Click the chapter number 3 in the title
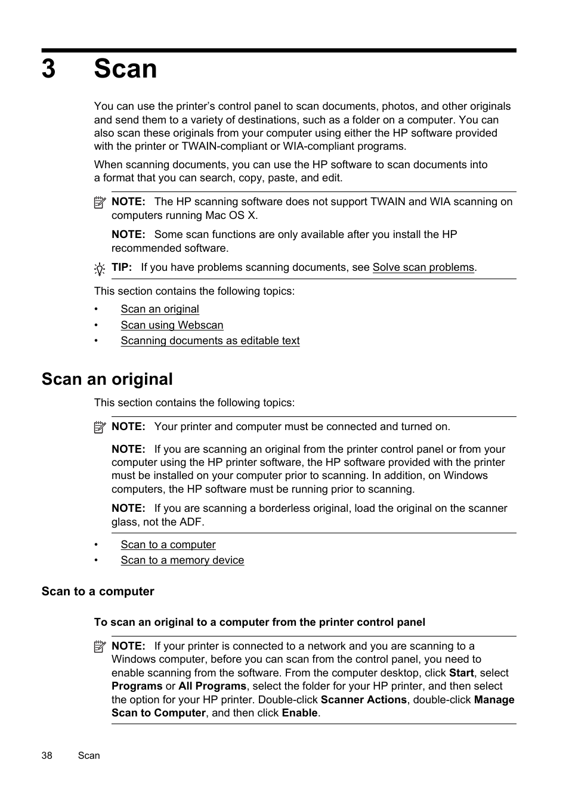[x=49, y=69]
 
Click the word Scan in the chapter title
[x=125, y=69]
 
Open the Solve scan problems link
[x=423, y=267]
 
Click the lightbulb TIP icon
[x=100, y=269]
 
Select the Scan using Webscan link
[x=172, y=325]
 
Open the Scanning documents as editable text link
[x=210, y=341]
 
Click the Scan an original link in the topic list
[x=160, y=309]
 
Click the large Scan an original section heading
[x=107, y=379]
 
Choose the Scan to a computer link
[x=168, y=545]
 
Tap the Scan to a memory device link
[x=182, y=560]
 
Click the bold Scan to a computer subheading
[x=98, y=592]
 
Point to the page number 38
[x=47, y=755]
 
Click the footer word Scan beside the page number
[x=89, y=755]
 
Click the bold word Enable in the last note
[x=299, y=713]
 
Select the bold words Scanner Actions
[x=363, y=700]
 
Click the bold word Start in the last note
[x=461, y=673]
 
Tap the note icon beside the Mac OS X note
[x=100, y=203]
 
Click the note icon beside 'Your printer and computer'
[x=100, y=427]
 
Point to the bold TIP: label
[x=122, y=267]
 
